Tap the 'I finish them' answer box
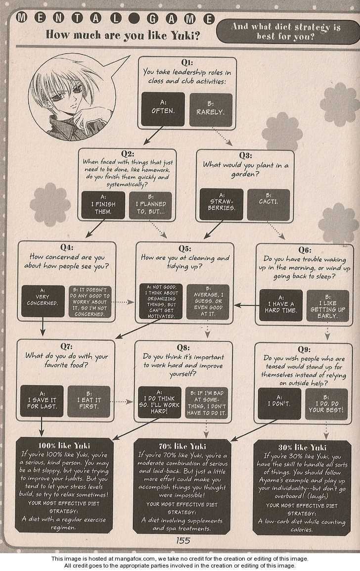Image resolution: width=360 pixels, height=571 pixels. pyautogui.click(x=103, y=206)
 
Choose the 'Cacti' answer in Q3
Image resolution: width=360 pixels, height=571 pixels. pyautogui.click(x=268, y=205)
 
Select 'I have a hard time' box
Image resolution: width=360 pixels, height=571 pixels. pyautogui.click(x=280, y=306)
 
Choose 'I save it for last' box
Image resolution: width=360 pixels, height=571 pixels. pyautogui.click(x=42, y=401)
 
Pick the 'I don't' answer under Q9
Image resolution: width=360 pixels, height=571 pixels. pyautogui.click(x=279, y=403)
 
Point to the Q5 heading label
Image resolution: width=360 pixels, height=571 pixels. pyautogui.click(x=184, y=248)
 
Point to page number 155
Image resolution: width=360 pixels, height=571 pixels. pyautogui.click(x=183, y=540)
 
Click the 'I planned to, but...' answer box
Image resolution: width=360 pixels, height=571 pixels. pyautogui.click(x=150, y=206)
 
